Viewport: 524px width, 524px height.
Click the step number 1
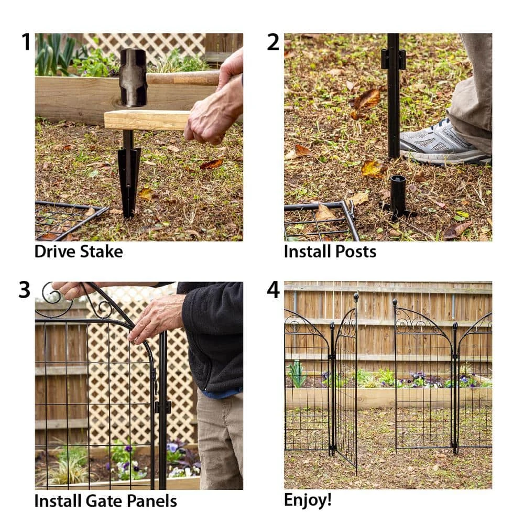coord(26,42)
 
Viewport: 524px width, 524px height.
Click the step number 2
coord(273,42)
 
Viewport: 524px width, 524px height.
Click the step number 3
coord(25,290)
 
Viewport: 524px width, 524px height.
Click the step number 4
coord(273,290)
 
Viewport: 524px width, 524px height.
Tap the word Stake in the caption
coord(101,252)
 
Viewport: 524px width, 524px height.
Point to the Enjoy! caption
coord(308,499)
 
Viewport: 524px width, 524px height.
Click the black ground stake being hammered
coord(128,178)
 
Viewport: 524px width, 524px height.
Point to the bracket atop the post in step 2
coord(393,59)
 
